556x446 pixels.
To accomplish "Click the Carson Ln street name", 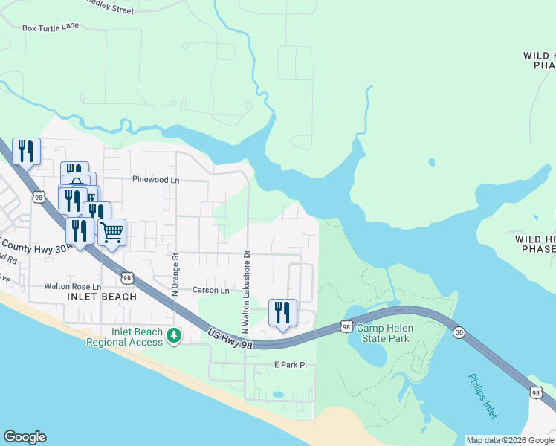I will pos(211,290).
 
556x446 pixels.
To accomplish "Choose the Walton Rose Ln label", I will pos(72,286).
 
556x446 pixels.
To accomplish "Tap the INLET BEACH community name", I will pos(102,297).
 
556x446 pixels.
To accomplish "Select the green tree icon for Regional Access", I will pos(174,337).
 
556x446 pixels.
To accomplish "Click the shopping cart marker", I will pos(111,232).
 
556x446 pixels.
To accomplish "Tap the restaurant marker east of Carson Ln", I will pos(282,312).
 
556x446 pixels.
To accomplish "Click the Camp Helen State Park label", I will pos(384,333).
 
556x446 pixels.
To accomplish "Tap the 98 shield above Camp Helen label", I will pos(346,326).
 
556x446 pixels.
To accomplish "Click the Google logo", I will pos(25,437).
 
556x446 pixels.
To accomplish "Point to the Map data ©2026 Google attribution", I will pos(511,440).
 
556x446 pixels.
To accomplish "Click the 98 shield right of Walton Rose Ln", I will pos(127,278).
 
